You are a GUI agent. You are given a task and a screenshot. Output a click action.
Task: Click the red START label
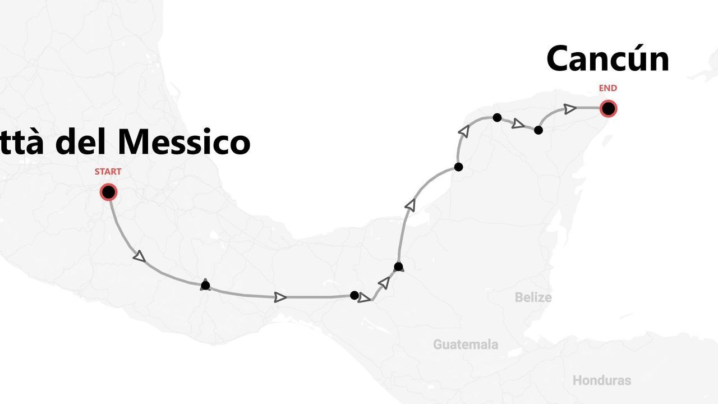point(108,172)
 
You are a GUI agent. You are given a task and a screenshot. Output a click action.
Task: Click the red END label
point(607,88)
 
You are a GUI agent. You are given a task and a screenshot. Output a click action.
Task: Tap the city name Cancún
point(607,58)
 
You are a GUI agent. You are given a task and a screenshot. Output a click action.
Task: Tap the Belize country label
point(533,297)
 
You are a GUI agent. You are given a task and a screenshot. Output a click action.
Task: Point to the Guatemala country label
point(465,345)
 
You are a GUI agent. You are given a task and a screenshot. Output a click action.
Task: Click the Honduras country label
point(601,380)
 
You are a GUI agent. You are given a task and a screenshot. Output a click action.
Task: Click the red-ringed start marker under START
point(108,192)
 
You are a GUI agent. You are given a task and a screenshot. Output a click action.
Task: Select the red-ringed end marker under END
point(608,108)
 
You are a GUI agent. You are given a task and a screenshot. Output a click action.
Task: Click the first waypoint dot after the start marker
point(205,285)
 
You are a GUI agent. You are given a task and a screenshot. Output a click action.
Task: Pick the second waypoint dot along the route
point(354,295)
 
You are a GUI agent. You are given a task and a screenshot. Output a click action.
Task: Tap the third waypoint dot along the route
point(398,267)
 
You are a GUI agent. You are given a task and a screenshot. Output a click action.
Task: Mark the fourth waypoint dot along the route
point(458,167)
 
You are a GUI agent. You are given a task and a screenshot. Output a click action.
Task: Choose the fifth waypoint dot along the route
point(497,117)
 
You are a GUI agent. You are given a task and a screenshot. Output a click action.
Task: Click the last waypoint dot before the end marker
point(538,130)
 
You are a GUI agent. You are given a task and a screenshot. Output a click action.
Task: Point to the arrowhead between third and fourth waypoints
point(411,205)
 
